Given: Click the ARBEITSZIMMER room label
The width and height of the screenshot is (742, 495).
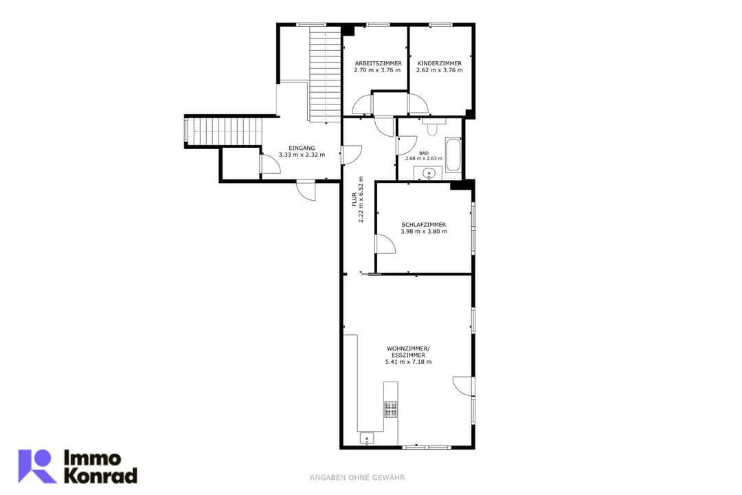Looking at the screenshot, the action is tap(378, 63).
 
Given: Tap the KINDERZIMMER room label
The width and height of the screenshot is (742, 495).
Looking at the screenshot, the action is tap(439, 63).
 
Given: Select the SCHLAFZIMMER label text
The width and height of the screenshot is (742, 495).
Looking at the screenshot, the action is tap(423, 225).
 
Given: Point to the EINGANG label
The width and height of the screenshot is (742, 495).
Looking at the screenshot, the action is tap(302, 148).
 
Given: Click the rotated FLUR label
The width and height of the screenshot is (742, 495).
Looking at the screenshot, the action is tap(355, 199).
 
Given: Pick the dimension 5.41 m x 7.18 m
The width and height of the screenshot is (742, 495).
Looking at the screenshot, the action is tap(408, 362).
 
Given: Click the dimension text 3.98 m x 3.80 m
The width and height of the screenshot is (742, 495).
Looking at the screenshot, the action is tap(423, 232).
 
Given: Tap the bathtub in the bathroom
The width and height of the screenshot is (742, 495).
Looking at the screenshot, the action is tap(453, 155).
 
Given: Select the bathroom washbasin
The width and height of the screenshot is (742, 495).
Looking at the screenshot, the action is tap(429, 173).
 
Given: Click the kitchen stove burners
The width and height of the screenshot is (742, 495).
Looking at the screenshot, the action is tap(391, 410).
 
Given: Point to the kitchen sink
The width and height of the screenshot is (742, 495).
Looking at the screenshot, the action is tap(367, 439).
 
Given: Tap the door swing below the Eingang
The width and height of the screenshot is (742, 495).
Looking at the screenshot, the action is tap(306, 190).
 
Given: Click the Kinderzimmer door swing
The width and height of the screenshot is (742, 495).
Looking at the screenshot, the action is tap(418, 104).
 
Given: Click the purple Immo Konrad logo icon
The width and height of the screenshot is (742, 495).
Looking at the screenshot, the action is tap(36, 466).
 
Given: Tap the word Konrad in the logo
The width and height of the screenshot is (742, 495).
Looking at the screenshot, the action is tap(100, 476).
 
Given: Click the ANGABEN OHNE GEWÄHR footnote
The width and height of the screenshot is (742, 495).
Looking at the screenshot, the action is tap(357, 478).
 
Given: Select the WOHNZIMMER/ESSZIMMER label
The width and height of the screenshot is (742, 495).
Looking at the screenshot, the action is tap(408, 352).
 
